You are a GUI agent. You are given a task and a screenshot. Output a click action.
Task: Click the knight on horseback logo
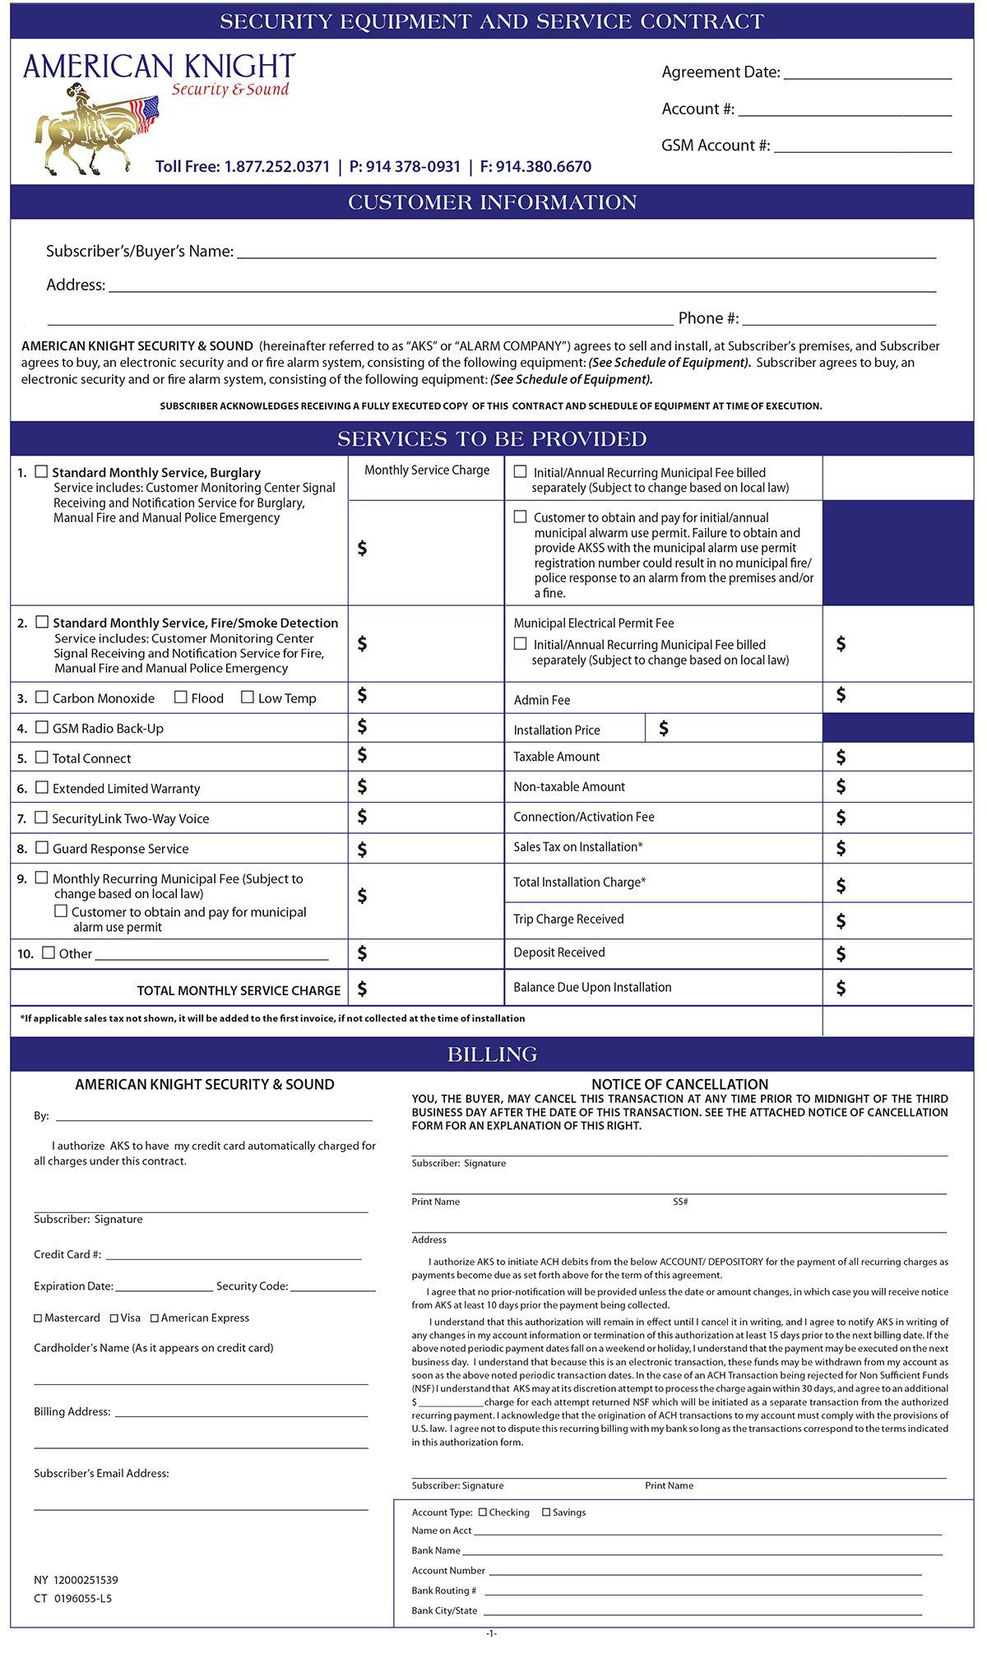point(95,127)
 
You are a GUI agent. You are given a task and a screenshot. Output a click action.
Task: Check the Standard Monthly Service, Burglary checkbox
point(42,472)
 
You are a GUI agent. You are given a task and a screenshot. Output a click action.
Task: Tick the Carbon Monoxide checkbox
point(42,697)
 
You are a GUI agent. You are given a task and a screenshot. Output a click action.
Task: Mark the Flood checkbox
point(181,697)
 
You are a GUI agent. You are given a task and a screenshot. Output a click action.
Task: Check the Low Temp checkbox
point(248,697)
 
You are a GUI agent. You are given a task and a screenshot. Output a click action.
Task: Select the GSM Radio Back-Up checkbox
point(42,728)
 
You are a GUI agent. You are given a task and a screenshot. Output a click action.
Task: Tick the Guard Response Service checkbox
point(42,848)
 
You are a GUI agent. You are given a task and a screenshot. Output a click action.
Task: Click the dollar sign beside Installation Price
point(664,729)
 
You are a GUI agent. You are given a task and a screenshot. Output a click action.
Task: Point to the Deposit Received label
point(559,952)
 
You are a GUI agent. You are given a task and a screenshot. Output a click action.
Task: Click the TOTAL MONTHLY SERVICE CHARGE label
point(239,991)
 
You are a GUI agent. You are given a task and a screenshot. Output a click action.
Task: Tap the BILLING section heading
point(492,1054)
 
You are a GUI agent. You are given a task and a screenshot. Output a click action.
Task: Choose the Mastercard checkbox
point(38,1318)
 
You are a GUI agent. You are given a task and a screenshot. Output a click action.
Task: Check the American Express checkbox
point(154,1318)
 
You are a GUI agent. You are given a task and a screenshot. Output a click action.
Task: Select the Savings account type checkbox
point(546,1512)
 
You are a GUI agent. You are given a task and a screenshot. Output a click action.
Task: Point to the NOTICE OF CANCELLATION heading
point(679,1085)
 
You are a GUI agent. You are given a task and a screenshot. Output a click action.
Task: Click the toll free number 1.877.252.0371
point(276,167)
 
